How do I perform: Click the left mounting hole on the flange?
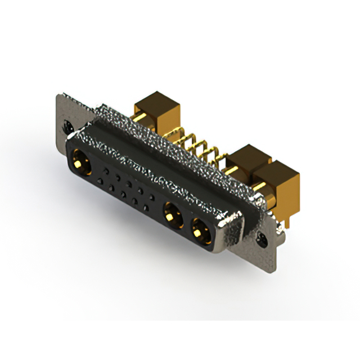pyautogui.click(x=69, y=127)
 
